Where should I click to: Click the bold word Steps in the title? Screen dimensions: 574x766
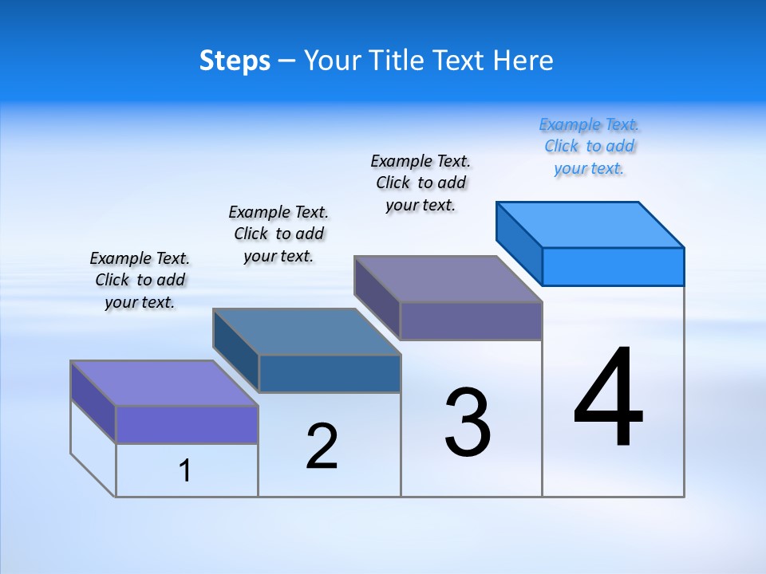click(x=235, y=61)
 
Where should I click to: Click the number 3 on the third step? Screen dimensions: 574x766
click(x=468, y=423)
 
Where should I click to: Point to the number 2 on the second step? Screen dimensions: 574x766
click(x=322, y=446)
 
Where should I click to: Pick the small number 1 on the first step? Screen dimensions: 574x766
click(x=185, y=470)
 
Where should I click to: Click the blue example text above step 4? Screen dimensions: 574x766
click(x=590, y=147)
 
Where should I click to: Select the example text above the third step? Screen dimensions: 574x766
click(x=421, y=183)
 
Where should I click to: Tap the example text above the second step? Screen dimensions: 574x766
click(x=278, y=234)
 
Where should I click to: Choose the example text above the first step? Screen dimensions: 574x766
click(x=140, y=280)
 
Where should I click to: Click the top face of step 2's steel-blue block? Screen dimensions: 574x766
click(x=306, y=331)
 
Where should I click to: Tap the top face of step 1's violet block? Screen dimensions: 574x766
click(x=164, y=383)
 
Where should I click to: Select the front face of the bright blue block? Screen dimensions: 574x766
click(x=613, y=266)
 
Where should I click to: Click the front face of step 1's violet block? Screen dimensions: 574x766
click(x=187, y=424)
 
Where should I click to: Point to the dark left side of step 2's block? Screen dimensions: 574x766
click(x=236, y=350)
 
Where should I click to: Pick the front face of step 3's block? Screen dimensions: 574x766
click(x=471, y=320)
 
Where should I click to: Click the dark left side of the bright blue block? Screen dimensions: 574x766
click(x=519, y=243)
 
